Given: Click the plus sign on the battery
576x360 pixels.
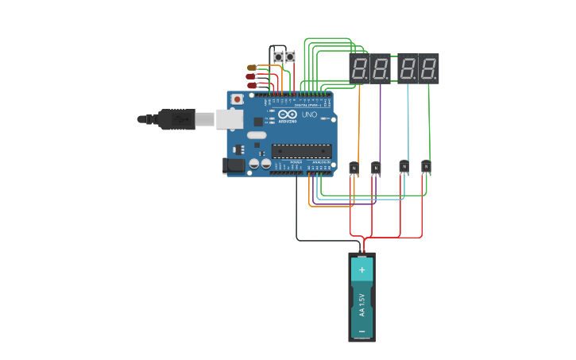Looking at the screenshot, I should [x=361, y=270].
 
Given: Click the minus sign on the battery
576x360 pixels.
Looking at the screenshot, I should [x=361, y=330].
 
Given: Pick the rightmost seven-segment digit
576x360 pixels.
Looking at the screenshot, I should [x=429, y=68].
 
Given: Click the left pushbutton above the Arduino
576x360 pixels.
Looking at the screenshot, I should [x=277, y=57].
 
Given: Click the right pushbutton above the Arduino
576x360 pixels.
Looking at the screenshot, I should [x=290, y=57].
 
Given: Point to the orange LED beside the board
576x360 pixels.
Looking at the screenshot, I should [x=252, y=68].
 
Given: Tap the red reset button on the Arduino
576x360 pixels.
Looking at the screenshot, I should [x=237, y=99].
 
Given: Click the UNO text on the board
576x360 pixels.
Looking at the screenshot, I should [x=309, y=115].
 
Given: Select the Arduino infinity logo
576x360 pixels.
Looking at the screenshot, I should [x=287, y=115].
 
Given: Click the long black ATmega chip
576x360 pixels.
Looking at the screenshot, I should [x=300, y=151].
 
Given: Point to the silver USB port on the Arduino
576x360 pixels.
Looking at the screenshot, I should [x=230, y=119].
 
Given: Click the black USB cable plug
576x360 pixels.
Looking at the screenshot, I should [x=176, y=119].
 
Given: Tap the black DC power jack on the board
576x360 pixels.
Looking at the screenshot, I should [x=234, y=165].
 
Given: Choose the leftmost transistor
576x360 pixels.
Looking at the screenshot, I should [x=354, y=168].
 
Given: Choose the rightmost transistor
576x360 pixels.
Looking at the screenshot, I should [x=426, y=166].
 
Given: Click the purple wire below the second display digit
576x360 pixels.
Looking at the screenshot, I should [x=380, y=119].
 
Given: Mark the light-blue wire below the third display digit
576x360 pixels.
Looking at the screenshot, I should [x=408, y=119].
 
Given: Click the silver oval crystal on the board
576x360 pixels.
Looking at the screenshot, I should [x=257, y=135].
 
